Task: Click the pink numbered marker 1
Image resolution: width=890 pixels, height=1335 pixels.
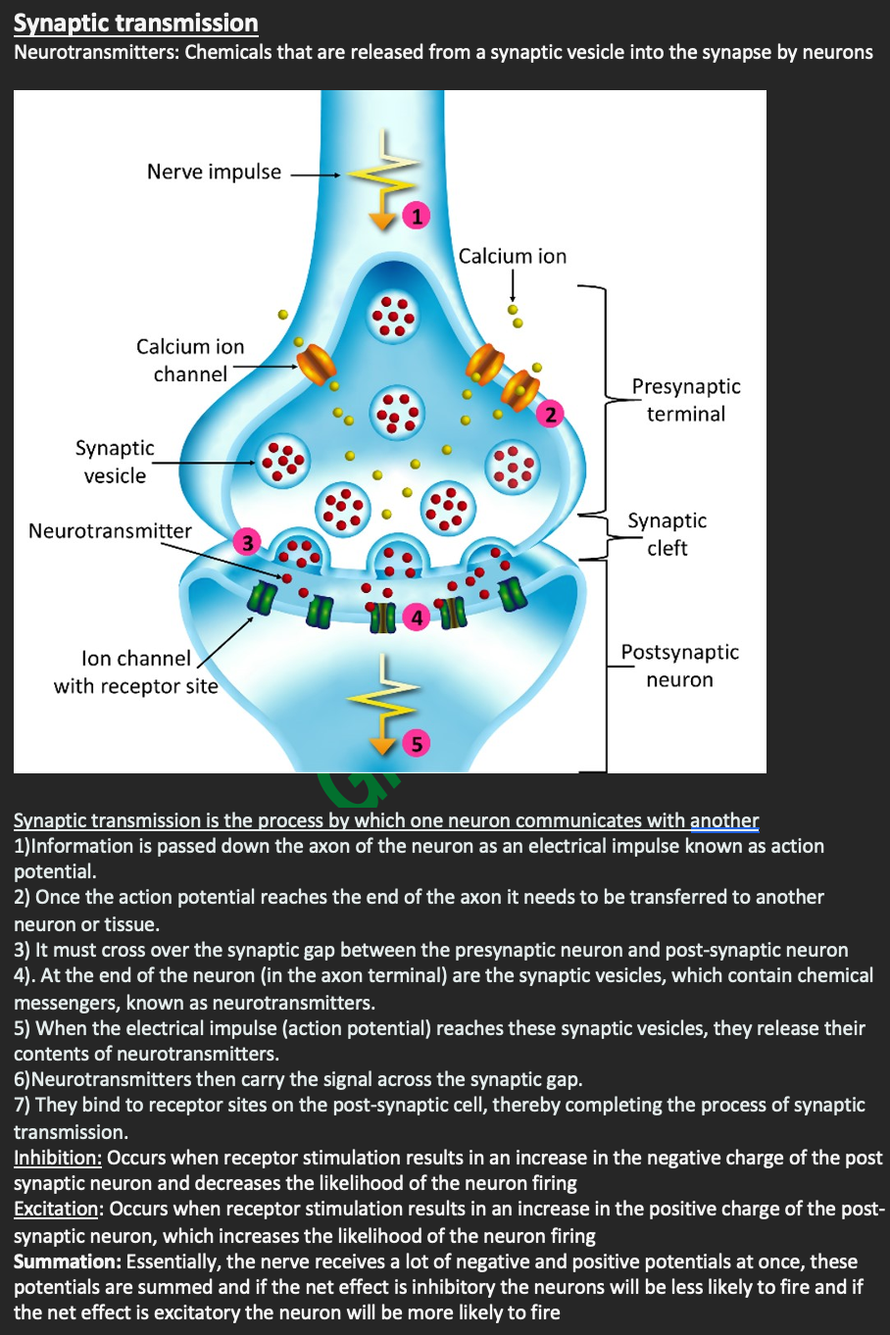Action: [417, 216]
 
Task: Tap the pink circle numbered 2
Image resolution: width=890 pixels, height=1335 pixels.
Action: [550, 415]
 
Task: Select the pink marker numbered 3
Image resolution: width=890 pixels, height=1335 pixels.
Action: [248, 542]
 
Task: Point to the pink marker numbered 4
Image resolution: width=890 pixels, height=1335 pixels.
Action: [418, 618]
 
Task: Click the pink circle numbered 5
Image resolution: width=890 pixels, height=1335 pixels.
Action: [417, 744]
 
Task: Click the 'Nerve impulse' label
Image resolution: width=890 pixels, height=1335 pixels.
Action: [214, 173]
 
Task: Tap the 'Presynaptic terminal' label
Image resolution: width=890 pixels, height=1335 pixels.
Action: [686, 400]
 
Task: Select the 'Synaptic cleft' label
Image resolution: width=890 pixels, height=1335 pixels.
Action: [667, 534]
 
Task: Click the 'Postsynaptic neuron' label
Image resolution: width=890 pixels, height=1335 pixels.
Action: [679, 666]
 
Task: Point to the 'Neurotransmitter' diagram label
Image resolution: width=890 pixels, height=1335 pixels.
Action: [110, 531]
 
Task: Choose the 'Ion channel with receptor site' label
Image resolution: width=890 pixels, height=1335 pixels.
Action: [135, 672]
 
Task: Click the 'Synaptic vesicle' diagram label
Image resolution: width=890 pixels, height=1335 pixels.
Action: [115, 462]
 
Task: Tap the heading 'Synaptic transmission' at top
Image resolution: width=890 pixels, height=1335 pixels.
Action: [136, 23]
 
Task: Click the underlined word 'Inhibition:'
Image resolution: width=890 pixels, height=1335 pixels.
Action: [58, 1158]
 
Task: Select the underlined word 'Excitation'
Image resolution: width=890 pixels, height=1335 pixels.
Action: [57, 1209]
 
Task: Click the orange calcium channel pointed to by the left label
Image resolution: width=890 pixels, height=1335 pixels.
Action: [317, 365]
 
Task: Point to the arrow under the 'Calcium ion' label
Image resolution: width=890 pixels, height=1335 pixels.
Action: [513, 285]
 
